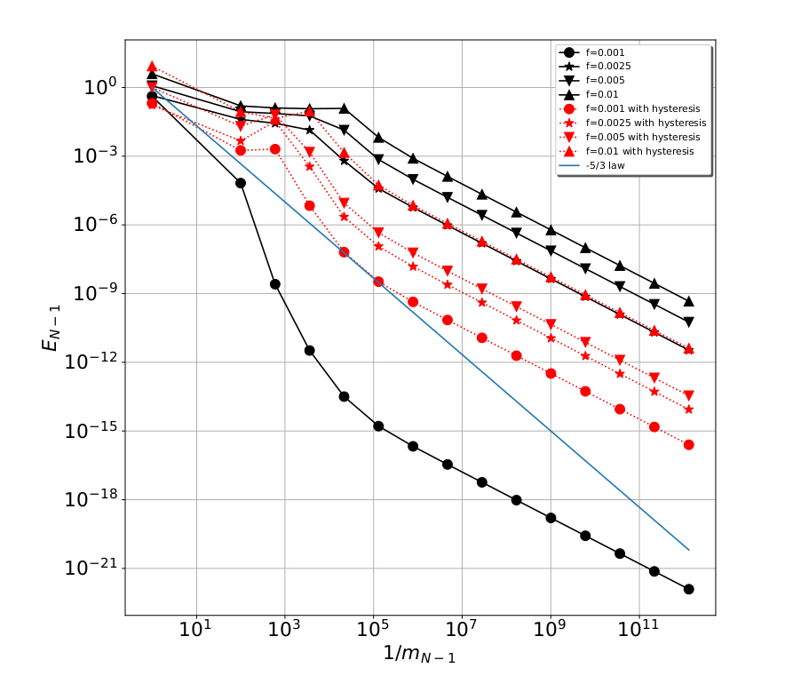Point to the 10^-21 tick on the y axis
point(92,569)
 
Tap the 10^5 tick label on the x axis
point(373,632)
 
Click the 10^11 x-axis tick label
point(639,632)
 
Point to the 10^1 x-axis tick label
point(195,632)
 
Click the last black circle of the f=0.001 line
point(689,589)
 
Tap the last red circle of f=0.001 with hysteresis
point(689,444)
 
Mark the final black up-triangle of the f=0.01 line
point(689,301)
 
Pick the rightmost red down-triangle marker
point(689,395)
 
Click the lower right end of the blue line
point(689,550)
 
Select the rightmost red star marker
point(689,409)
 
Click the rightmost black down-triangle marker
point(689,322)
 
